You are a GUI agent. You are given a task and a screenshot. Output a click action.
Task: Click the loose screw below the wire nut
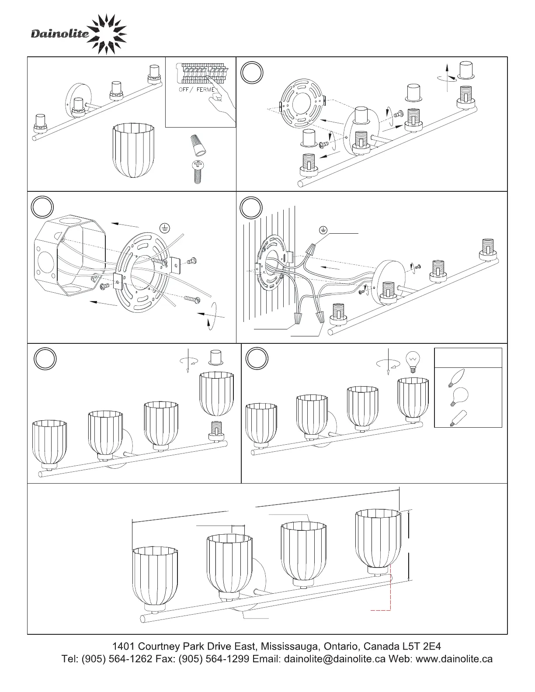pos(198,172)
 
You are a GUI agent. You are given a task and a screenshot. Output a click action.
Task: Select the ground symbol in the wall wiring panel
pos(323,230)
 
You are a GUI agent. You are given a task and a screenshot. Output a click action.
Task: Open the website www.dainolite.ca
pos(454,659)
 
